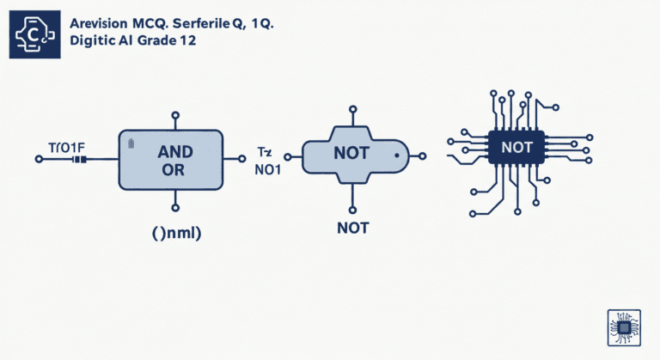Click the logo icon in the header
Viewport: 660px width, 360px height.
[34, 34]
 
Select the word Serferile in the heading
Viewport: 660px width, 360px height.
[213, 24]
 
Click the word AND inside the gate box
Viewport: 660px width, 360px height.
[175, 151]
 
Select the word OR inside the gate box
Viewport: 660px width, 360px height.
[173, 170]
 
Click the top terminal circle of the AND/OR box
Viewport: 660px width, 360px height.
[175, 114]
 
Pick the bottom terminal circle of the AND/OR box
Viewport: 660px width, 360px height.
[175, 207]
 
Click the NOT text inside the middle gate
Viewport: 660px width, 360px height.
[349, 154]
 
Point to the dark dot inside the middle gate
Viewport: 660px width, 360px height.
[396, 157]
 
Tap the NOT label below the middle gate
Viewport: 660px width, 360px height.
[352, 229]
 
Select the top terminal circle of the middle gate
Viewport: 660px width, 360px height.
[351, 109]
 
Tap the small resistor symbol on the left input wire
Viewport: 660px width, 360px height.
[82, 160]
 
